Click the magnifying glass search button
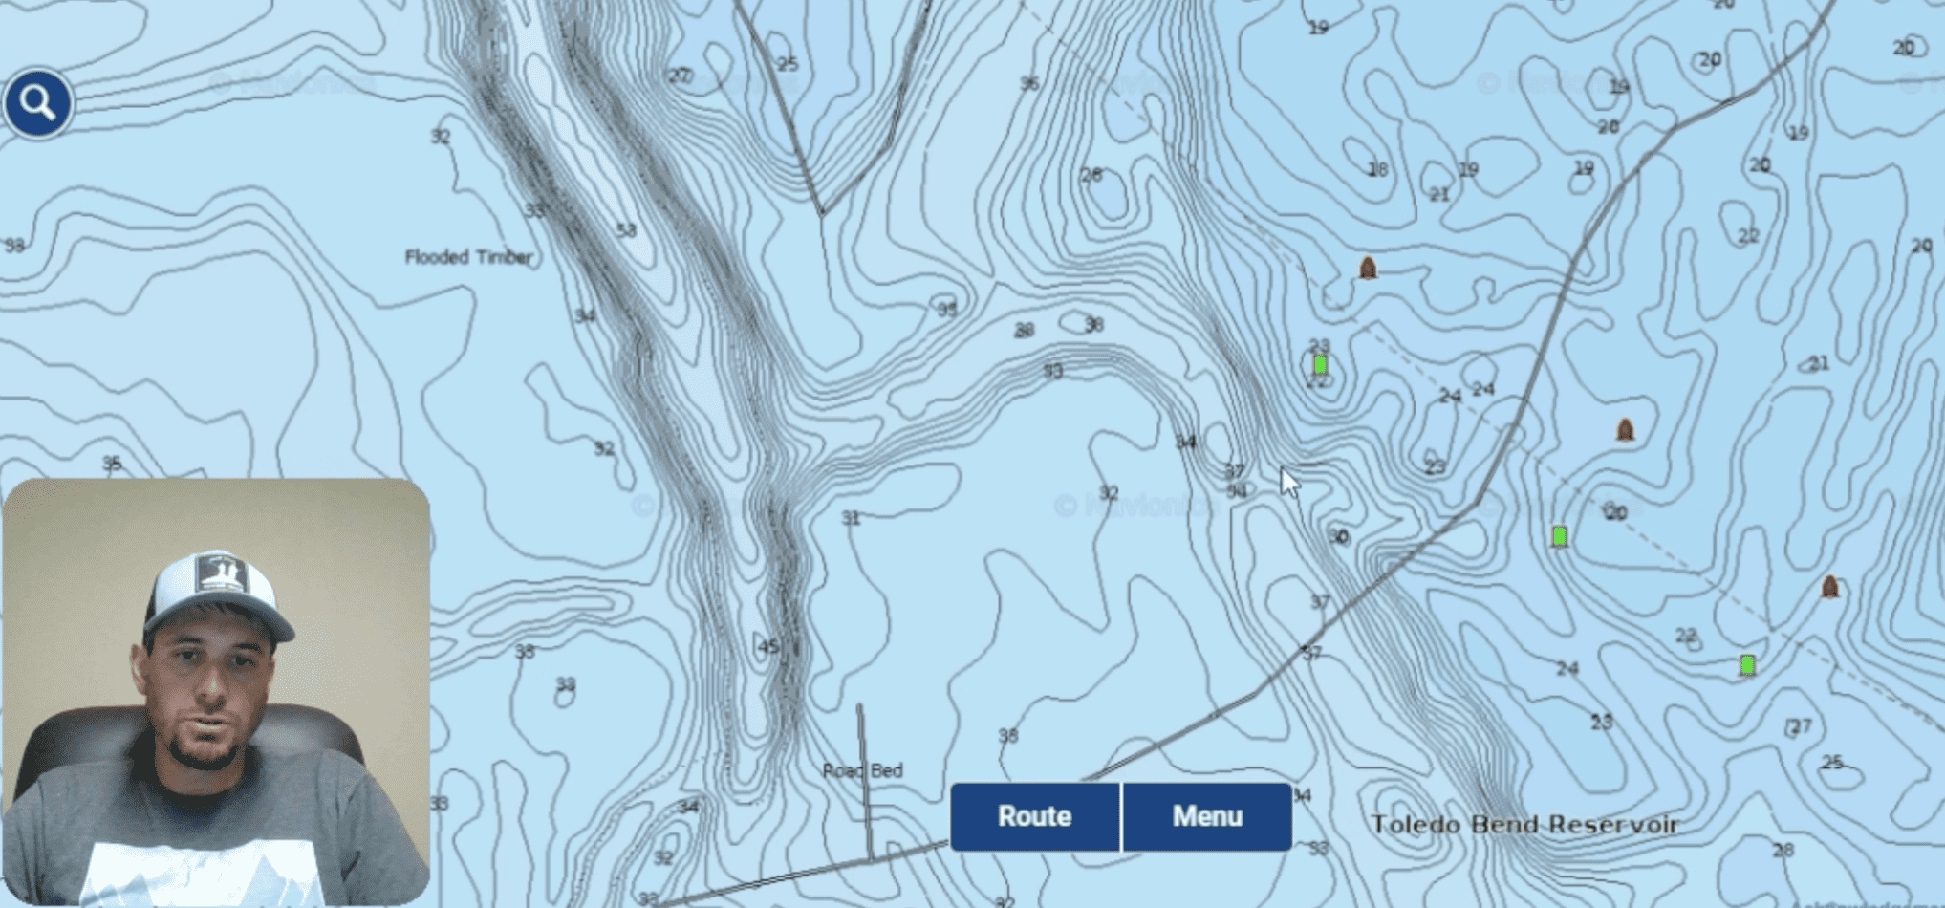tap(37, 102)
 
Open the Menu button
tap(1207, 816)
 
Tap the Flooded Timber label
tap(468, 257)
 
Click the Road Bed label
tap(862, 770)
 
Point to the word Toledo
tap(1415, 824)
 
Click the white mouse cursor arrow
tap(1289, 482)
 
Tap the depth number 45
tap(768, 647)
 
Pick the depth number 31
tap(851, 518)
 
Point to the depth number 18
tap(1377, 170)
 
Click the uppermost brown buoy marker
tap(1368, 268)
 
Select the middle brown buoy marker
tap(1625, 429)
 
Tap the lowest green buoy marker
tap(1746, 664)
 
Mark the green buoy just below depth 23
tap(1320, 364)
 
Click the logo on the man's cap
tap(221, 575)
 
